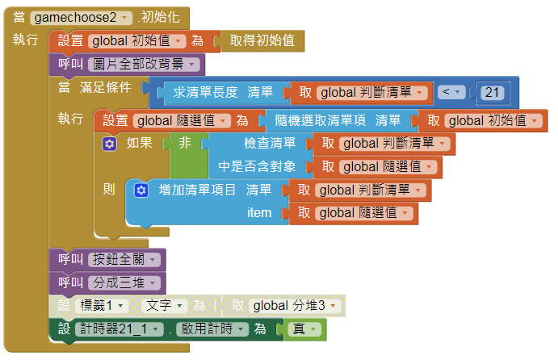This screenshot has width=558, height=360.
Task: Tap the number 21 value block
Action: [490, 93]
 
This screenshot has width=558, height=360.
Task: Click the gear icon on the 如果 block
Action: [110, 144]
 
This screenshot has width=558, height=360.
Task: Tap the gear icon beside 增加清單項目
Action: [141, 190]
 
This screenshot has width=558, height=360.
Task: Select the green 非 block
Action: [185, 144]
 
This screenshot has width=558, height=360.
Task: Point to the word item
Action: [259, 213]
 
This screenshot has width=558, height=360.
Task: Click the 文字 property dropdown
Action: [168, 306]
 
